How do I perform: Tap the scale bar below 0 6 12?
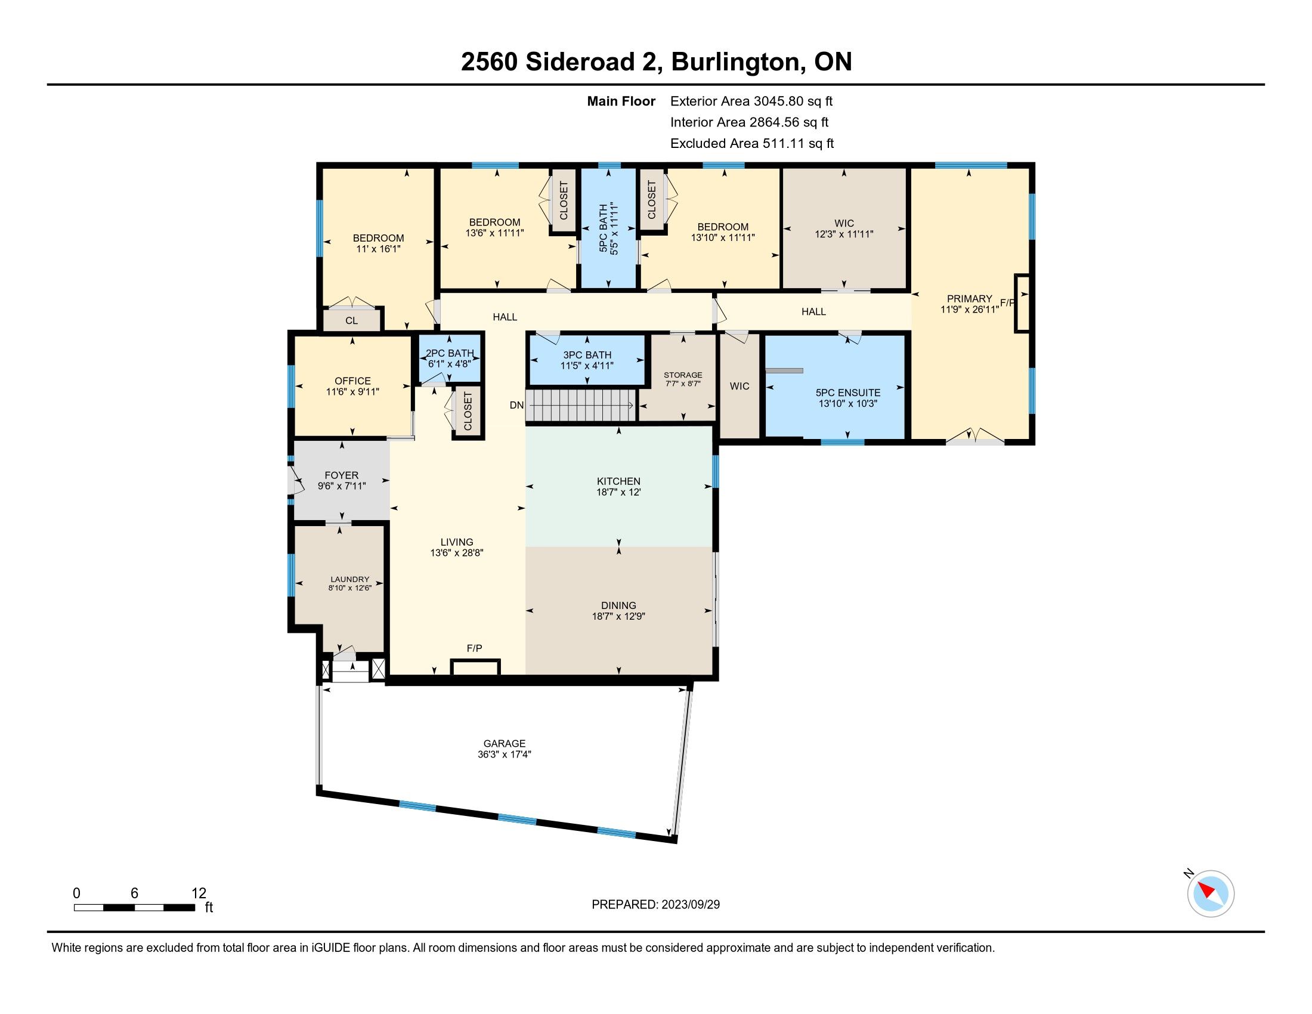135,907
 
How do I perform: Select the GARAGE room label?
505,744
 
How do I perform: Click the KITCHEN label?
619,481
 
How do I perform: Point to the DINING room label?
619,605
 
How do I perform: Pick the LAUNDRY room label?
350,580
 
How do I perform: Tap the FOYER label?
341,475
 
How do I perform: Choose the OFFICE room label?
352,381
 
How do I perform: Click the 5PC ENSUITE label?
848,393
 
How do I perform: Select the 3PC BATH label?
587,355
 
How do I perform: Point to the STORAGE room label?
683,375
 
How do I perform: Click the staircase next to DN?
581,406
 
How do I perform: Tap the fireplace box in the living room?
475,667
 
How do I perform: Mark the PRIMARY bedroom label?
970,299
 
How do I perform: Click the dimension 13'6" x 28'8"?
457,553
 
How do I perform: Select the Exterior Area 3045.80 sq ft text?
751,101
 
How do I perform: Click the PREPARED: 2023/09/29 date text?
655,905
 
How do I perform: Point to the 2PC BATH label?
450,353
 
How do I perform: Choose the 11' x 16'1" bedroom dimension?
379,249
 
